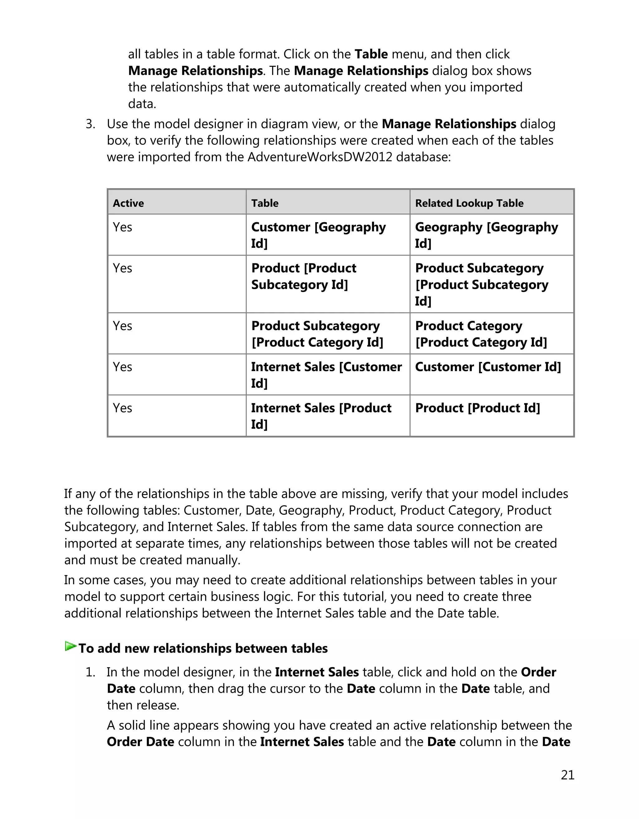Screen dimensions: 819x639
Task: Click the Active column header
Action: pyautogui.click(x=129, y=203)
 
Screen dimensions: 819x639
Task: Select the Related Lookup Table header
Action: pyautogui.click(x=469, y=203)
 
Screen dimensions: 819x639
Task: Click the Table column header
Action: pyautogui.click(x=265, y=203)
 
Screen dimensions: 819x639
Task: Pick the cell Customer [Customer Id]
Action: pyautogui.click(x=488, y=367)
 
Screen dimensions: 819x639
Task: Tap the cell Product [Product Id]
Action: pyautogui.click(x=477, y=408)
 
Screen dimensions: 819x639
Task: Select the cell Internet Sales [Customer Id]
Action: pyautogui.click(x=326, y=375)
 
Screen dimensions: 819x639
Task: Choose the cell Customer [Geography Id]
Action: pyautogui.click(x=318, y=235)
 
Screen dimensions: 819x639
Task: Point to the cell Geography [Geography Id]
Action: pyautogui.click(x=486, y=235)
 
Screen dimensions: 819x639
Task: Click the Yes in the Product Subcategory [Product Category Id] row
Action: pyautogui.click(x=123, y=326)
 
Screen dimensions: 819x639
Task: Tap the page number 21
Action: pyautogui.click(x=568, y=775)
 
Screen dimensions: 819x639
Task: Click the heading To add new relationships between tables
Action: pyautogui.click(x=203, y=648)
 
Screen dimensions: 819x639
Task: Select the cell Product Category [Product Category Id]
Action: pyautogui.click(x=481, y=334)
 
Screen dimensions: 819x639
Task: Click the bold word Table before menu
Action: pyautogui.click(x=371, y=54)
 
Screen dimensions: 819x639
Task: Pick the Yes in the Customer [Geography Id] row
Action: pyautogui.click(x=123, y=227)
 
